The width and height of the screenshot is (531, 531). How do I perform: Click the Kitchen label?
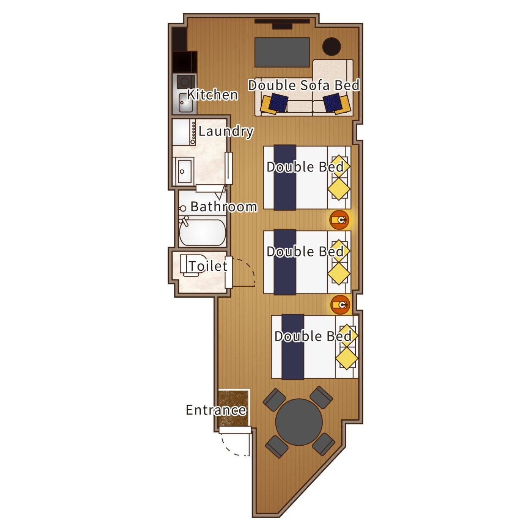click(x=212, y=95)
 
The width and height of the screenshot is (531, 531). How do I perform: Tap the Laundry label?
click(x=226, y=132)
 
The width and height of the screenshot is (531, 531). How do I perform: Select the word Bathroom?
click(x=224, y=207)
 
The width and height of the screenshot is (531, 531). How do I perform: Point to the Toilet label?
click(x=208, y=266)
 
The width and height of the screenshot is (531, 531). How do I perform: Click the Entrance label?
click(x=216, y=410)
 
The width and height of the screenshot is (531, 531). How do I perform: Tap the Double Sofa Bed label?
click(x=304, y=85)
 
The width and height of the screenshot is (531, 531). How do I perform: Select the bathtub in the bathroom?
click(x=203, y=232)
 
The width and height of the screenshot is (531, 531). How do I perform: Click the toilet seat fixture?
click(x=190, y=265)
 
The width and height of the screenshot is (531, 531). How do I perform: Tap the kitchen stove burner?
click(x=184, y=82)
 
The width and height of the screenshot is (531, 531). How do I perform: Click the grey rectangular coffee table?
click(x=282, y=52)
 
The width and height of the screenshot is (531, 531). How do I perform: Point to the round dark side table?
click(x=331, y=47)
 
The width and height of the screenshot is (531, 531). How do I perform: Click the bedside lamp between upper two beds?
click(x=339, y=220)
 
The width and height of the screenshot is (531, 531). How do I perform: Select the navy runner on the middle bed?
click(x=285, y=262)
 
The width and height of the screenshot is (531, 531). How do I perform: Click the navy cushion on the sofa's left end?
click(x=280, y=102)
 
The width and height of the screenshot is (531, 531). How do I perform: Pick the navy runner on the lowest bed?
click(x=293, y=347)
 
